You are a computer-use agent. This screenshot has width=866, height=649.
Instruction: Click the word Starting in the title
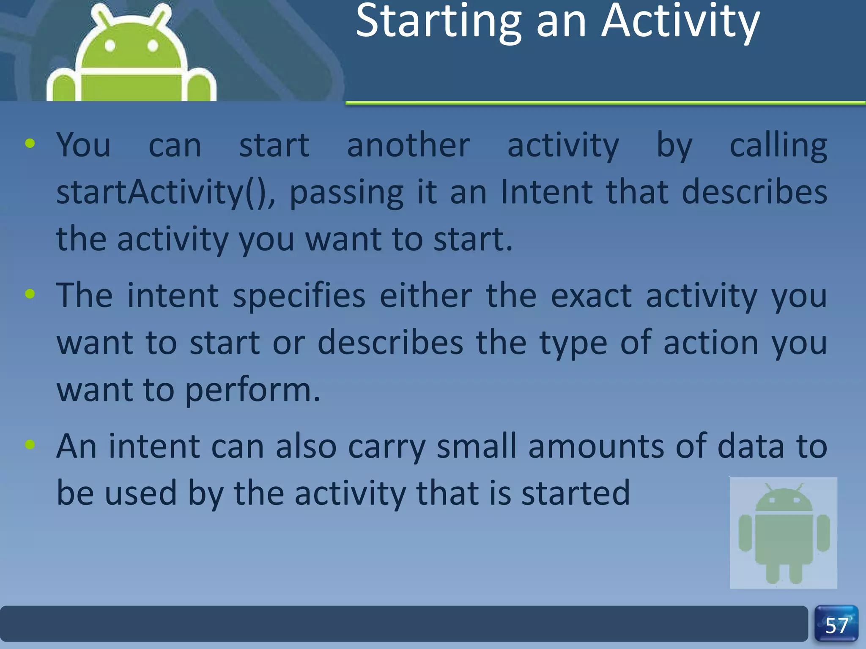[438, 22]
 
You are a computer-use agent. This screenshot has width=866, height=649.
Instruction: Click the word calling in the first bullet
[778, 145]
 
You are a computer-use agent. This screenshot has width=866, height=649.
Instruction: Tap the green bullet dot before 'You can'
[30, 144]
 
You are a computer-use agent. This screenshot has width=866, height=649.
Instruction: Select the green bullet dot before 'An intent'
[30, 444]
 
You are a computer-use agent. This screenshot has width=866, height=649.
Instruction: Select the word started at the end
[576, 493]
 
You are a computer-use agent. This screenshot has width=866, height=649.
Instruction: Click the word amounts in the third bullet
[596, 446]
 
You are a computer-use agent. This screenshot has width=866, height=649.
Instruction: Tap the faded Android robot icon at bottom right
[783, 532]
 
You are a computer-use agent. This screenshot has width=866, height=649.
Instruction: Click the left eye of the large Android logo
[110, 46]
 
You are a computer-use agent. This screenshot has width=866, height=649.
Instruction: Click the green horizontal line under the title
[605, 103]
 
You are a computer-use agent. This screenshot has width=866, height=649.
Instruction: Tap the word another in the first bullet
[408, 145]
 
